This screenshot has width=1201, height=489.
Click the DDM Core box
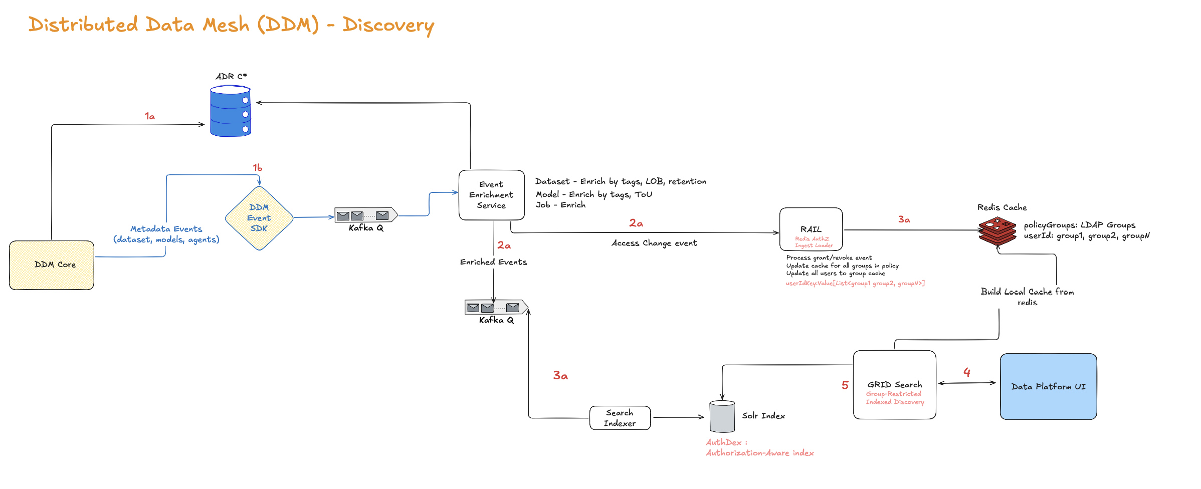click(52, 265)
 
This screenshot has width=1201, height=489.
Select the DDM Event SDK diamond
click(259, 218)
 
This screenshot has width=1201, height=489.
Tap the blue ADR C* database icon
click(230, 111)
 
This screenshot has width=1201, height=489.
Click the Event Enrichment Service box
click(491, 195)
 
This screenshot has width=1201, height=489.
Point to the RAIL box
click(811, 229)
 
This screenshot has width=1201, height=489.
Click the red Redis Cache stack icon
click(997, 230)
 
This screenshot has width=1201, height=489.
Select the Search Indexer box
click(620, 418)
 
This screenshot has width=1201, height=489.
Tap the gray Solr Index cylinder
click(722, 417)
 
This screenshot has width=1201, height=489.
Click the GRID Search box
click(895, 385)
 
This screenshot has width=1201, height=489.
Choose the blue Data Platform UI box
click(1048, 386)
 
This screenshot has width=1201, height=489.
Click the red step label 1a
click(150, 116)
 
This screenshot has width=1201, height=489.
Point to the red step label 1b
click(257, 167)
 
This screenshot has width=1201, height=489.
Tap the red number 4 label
click(967, 372)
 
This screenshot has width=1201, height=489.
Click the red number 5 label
click(845, 385)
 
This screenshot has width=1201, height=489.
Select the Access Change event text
click(654, 243)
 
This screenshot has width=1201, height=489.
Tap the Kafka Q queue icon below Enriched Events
click(496, 307)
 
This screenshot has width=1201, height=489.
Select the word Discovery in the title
click(388, 25)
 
